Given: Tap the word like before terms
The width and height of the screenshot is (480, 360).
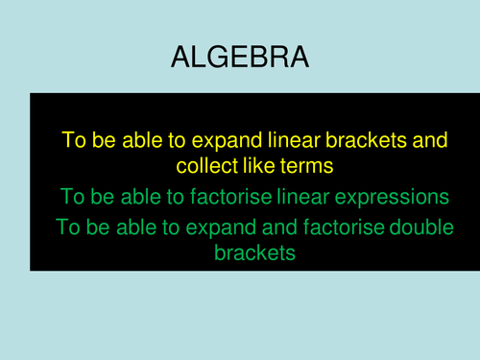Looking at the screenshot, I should [258, 166].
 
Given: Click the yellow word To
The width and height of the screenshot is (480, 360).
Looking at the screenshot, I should [74, 140].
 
